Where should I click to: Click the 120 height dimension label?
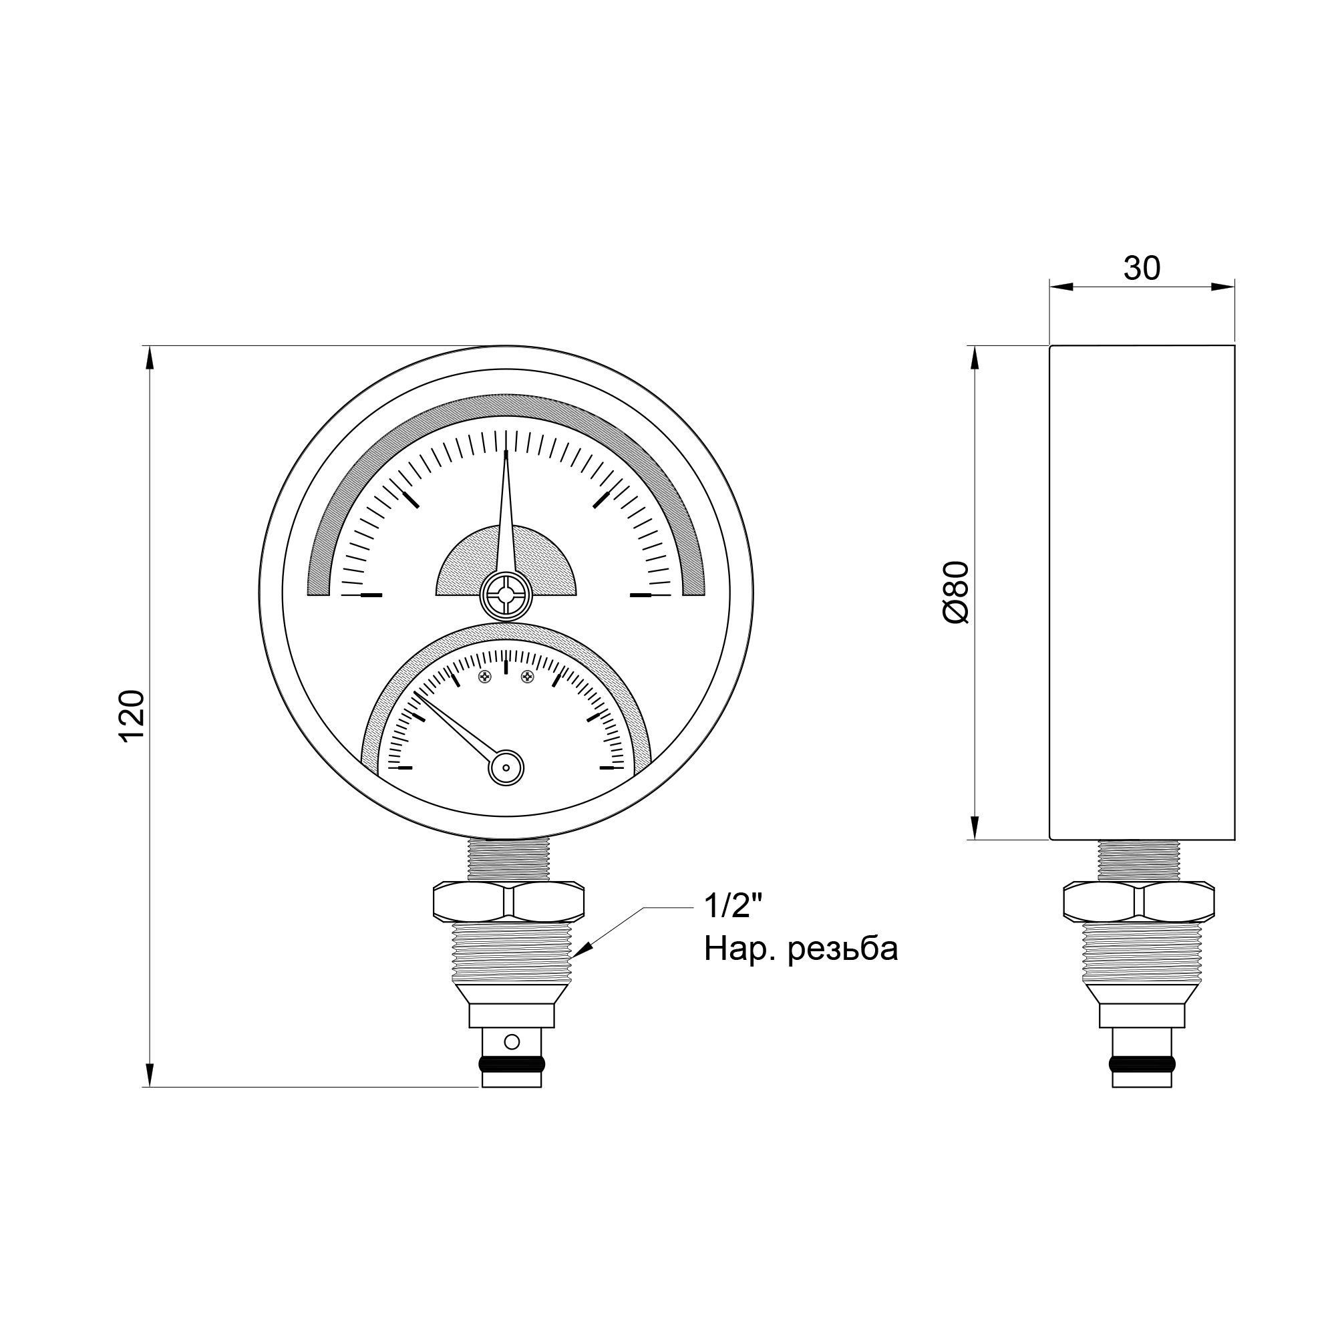click(x=132, y=715)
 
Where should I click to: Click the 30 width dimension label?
click(x=1142, y=269)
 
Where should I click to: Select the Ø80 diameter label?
click(x=957, y=593)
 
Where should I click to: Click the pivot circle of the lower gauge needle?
click(x=506, y=767)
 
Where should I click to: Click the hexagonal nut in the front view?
click(x=508, y=900)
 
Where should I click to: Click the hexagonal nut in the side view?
click(x=1139, y=900)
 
